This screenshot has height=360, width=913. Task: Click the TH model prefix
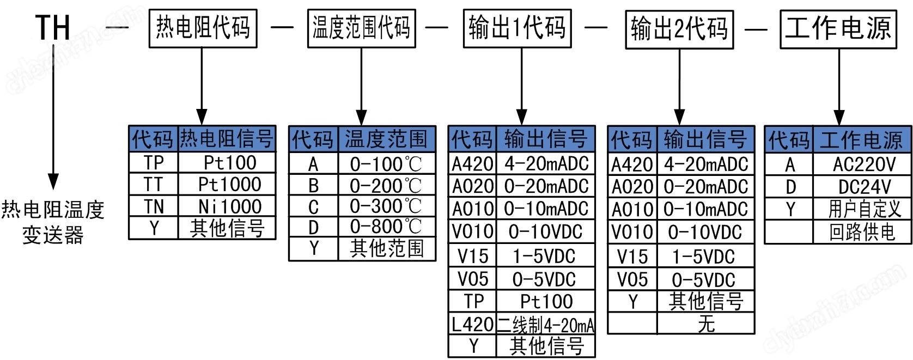click(53, 27)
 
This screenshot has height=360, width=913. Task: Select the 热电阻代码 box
click(203, 28)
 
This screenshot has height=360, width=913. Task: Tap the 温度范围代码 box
click(361, 28)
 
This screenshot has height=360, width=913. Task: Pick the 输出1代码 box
click(517, 28)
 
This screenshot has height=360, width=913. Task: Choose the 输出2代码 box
click(679, 29)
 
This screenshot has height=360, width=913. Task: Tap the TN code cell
click(154, 206)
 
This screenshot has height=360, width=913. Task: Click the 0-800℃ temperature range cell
click(386, 227)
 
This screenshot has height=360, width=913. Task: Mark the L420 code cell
click(472, 325)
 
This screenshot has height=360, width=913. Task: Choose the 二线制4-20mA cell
click(545, 325)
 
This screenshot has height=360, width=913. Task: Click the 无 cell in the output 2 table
click(706, 324)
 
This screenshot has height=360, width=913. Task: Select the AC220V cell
click(864, 164)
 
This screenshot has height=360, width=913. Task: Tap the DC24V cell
click(864, 187)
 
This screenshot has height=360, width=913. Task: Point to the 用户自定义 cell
click(864, 209)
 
